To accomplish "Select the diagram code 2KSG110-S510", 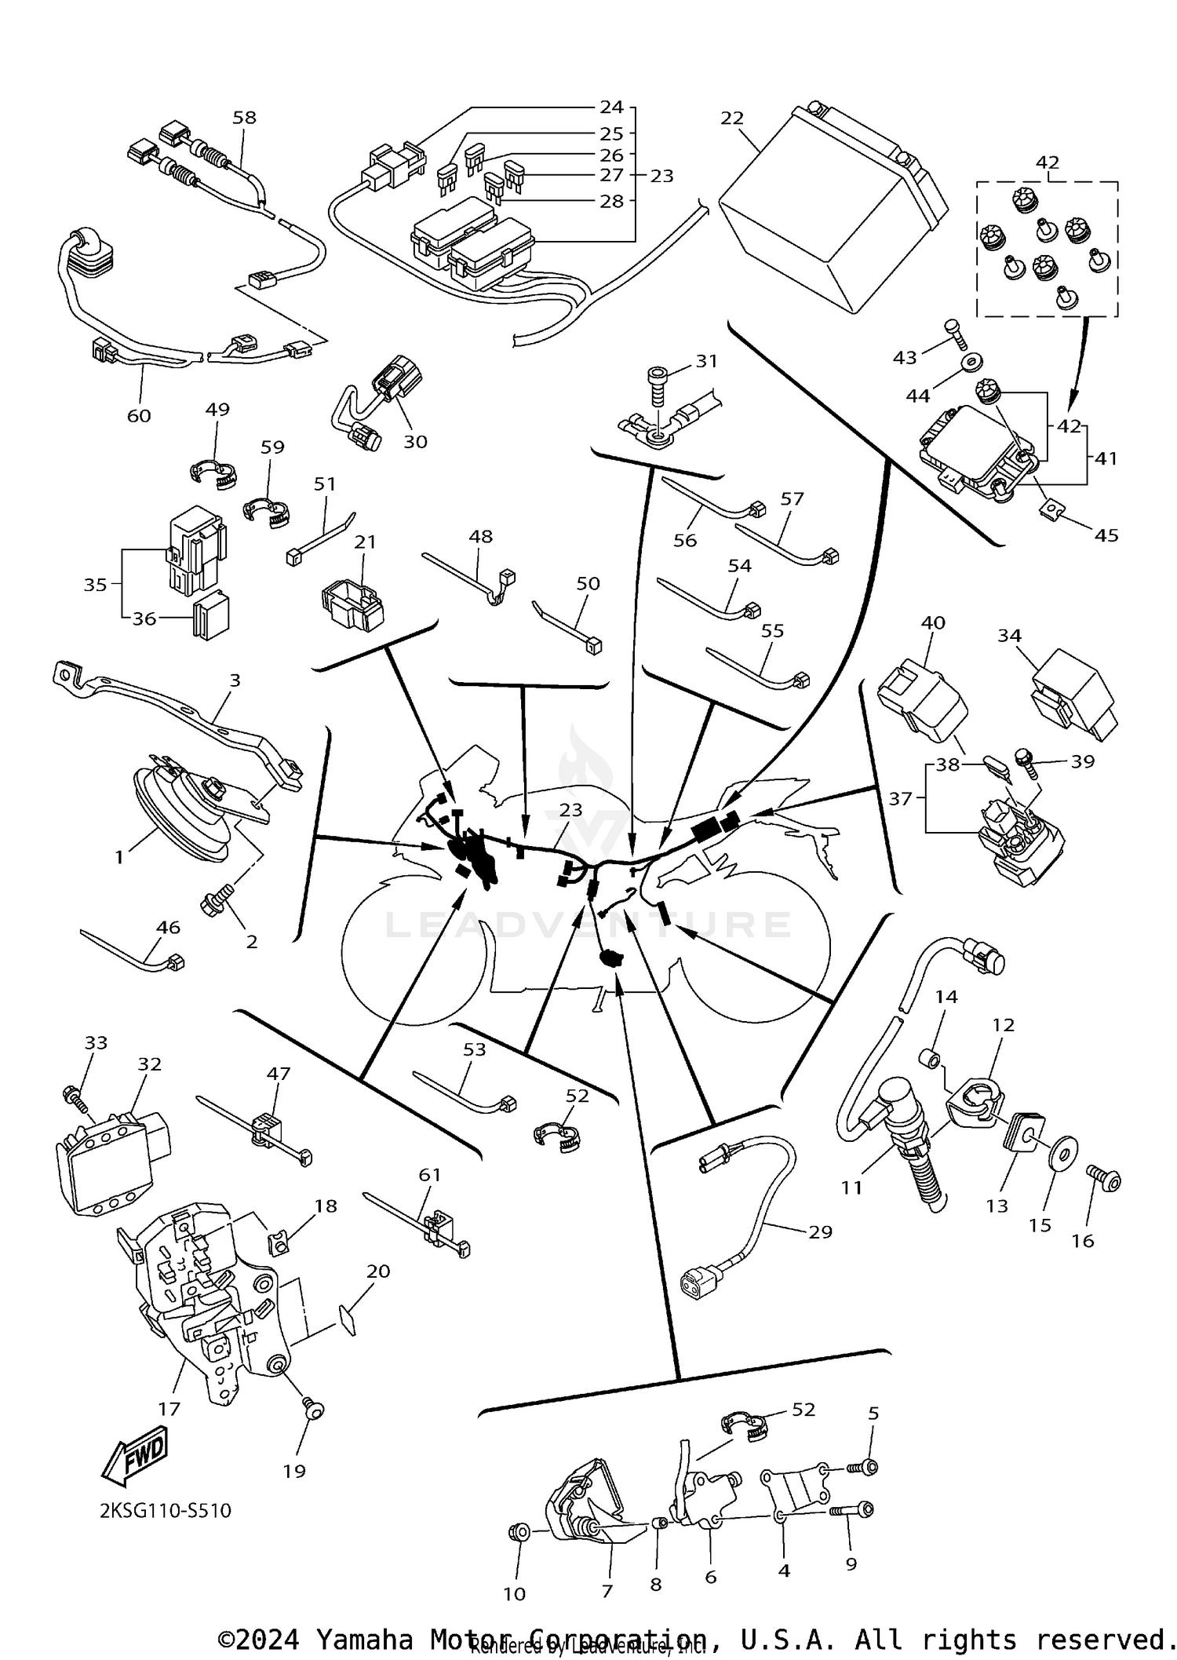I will (166, 1510).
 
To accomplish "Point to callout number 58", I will (244, 118).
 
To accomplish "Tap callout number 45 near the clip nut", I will (1106, 535).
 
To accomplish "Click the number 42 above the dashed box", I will (1047, 162).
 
